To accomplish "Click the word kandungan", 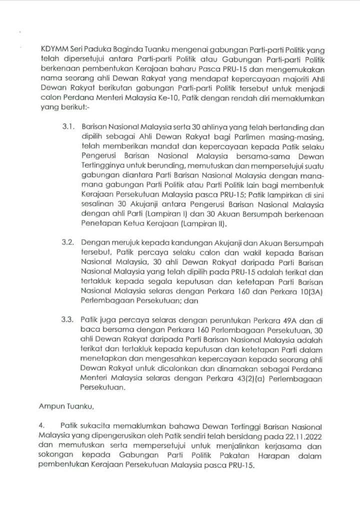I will tap(168, 242).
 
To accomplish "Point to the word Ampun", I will tap(50, 401).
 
